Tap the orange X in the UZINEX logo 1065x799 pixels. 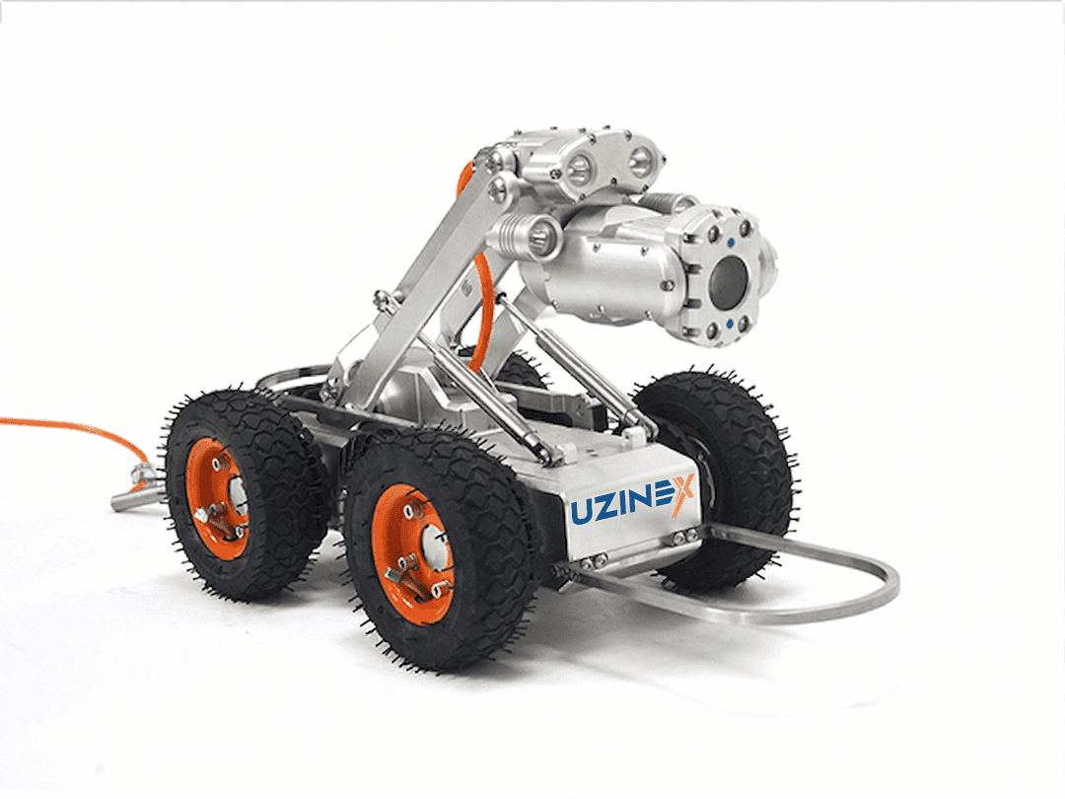pos(679,494)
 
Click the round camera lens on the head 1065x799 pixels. pos(731,282)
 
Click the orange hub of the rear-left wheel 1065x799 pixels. pos(218,498)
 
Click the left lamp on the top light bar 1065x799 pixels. pos(581,169)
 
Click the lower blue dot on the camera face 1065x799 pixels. pos(730,323)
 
